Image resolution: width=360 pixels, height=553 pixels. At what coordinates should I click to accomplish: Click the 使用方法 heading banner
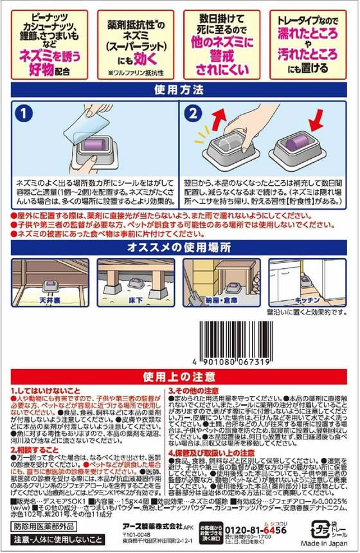click(179, 89)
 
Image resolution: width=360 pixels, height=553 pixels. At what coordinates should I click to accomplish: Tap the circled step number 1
click(24, 114)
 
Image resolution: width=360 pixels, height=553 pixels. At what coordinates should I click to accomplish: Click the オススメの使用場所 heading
click(179, 248)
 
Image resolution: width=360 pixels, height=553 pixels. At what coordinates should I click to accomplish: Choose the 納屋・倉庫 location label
click(222, 300)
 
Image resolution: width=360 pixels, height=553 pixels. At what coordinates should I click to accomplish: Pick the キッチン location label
click(307, 300)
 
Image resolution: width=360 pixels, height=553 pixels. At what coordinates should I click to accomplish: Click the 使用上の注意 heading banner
click(179, 376)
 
